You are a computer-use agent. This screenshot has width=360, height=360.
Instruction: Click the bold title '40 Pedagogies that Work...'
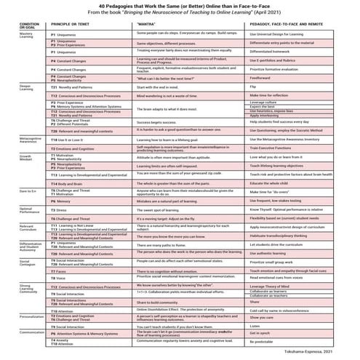coord(180,6)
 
